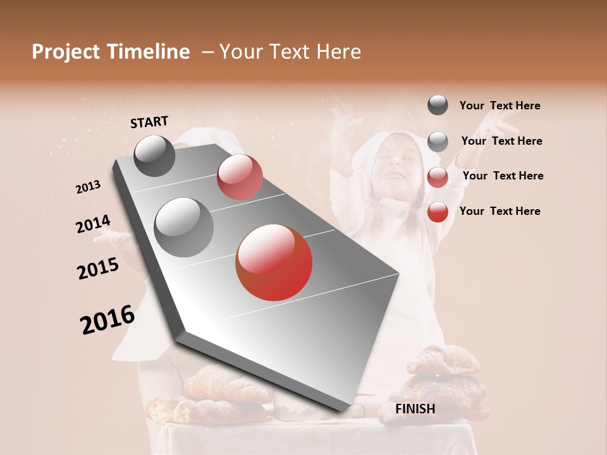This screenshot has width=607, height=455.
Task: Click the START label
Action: click(149, 122)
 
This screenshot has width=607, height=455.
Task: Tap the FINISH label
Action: click(415, 409)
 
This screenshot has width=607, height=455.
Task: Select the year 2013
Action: click(89, 187)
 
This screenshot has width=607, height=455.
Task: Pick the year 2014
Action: click(93, 224)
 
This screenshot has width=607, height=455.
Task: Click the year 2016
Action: click(107, 320)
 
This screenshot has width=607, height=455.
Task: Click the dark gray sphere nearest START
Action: click(154, 155)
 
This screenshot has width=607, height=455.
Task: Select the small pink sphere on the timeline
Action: click(240, 177)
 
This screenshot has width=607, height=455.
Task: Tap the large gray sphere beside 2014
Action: click(183, 227)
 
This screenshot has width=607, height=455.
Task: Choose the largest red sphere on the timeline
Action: click(274, 262)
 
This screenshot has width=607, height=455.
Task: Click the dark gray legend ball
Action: click(438, 106)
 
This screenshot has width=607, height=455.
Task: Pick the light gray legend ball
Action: click(438, 142)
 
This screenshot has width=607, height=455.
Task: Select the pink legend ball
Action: click(438, 176)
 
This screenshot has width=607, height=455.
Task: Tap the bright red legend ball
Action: click(438, 212)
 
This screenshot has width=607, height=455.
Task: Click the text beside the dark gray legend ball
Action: click(500, 106)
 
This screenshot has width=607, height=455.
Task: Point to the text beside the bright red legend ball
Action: click(500, 211)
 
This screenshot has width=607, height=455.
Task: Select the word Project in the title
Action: click(66, 52)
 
